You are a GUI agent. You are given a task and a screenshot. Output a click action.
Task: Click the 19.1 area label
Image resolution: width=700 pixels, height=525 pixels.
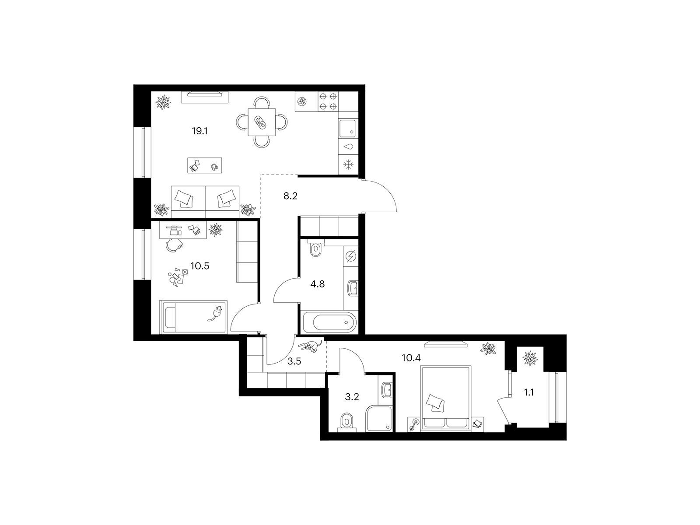[x=199, y=131]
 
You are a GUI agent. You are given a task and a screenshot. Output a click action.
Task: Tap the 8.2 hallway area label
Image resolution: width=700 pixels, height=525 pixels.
[x=290, y=196]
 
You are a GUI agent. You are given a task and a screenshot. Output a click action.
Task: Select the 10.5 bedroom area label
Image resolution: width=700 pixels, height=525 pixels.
[x=199, y=266]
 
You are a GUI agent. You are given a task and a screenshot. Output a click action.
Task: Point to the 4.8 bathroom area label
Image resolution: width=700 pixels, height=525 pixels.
[x=317, y=283]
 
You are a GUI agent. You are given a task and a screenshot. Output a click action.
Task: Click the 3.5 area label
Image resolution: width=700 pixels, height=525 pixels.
[x=294, y=361]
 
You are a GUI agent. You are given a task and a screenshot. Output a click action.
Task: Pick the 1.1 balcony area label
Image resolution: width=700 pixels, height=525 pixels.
[x=529, y=392]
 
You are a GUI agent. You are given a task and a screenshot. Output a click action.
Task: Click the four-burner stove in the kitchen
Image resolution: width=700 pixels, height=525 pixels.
[x=328, y=101]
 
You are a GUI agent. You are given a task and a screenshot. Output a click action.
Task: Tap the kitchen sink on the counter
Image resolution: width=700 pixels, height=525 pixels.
[x=348, y=128]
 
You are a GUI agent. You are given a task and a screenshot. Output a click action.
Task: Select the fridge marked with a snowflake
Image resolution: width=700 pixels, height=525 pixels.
[x=348, y=165]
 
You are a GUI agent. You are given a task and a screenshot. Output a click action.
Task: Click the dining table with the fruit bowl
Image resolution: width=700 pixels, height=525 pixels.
[x=262, y=122]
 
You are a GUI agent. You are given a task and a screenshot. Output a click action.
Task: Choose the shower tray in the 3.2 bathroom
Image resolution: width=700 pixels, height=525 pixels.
[x=379, y=419]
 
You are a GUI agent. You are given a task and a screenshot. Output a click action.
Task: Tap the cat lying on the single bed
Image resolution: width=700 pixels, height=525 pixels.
[x=215, y=313]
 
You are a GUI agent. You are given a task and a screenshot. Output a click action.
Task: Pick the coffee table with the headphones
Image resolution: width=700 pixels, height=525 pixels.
[x=204, y=165]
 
